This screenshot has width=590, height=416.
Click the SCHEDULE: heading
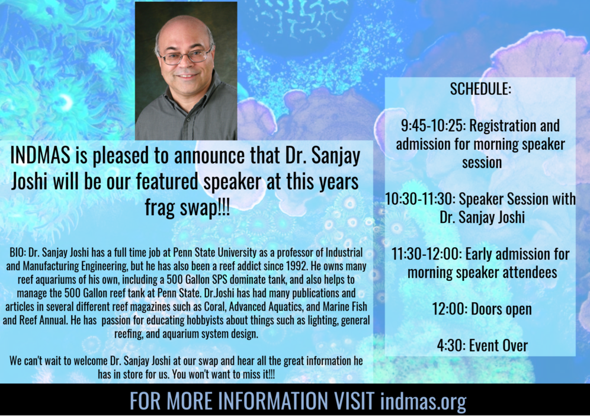tap(480, 89)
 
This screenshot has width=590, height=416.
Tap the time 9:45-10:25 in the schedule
tap(432, 126)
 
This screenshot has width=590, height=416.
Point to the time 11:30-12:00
tap(426, 254)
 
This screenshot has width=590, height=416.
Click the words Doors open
tap(501, 309)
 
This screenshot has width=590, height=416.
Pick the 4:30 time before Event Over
tap(450, 345)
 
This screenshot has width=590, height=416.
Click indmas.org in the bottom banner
tap(424, 401)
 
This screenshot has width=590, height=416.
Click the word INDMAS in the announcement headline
tap(40, 155)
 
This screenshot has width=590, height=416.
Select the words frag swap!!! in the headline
tap(187, 207)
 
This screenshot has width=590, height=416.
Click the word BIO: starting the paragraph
tap(17, 252)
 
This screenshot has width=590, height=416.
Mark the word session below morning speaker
tap(482, 162)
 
